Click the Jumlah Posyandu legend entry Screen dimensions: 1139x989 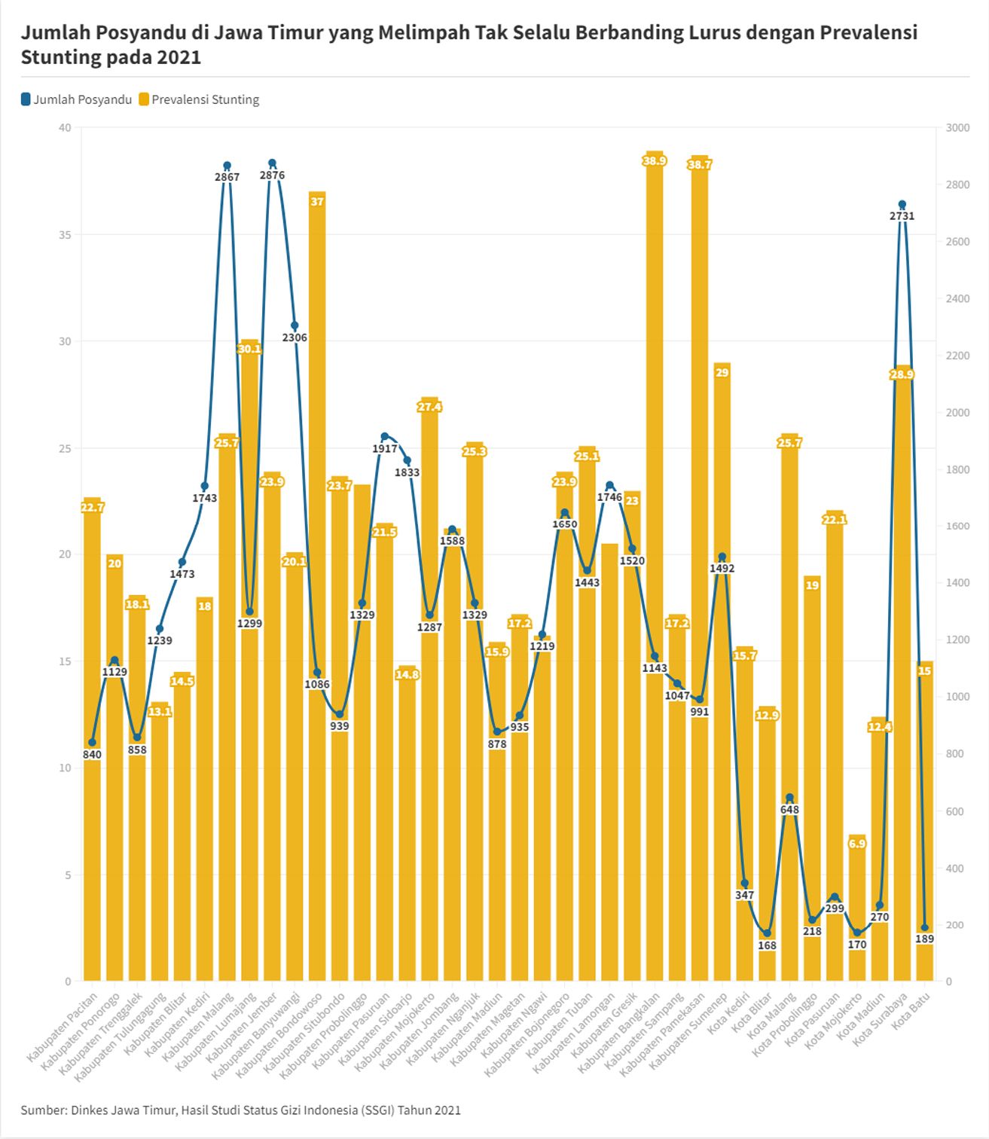pyautogui.click(x=77, y=99)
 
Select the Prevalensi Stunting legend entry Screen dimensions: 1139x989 pyautogui.click(x=200, y=99)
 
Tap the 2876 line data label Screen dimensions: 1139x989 pyautogui.click(x=272, y=176)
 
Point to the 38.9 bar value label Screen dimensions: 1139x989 pyautogui.click(x=655, y=160)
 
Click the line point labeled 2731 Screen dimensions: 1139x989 pyautogui.click(x=902, y=204)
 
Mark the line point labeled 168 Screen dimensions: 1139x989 pyautogui.click(x=767, y=933)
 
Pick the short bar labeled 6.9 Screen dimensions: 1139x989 pyautogui.click(x=857, y=904)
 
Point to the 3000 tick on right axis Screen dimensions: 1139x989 pyautogui.click(x=957, y=128)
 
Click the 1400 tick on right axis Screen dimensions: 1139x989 pyautogui.click(x=957, y=583)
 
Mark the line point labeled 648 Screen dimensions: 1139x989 pyautogui.click(x=789, y=798)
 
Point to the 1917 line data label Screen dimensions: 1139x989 pyautogui.click(x=385, y=448)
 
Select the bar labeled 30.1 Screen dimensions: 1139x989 pyautogui.click(x=249, y=655)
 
